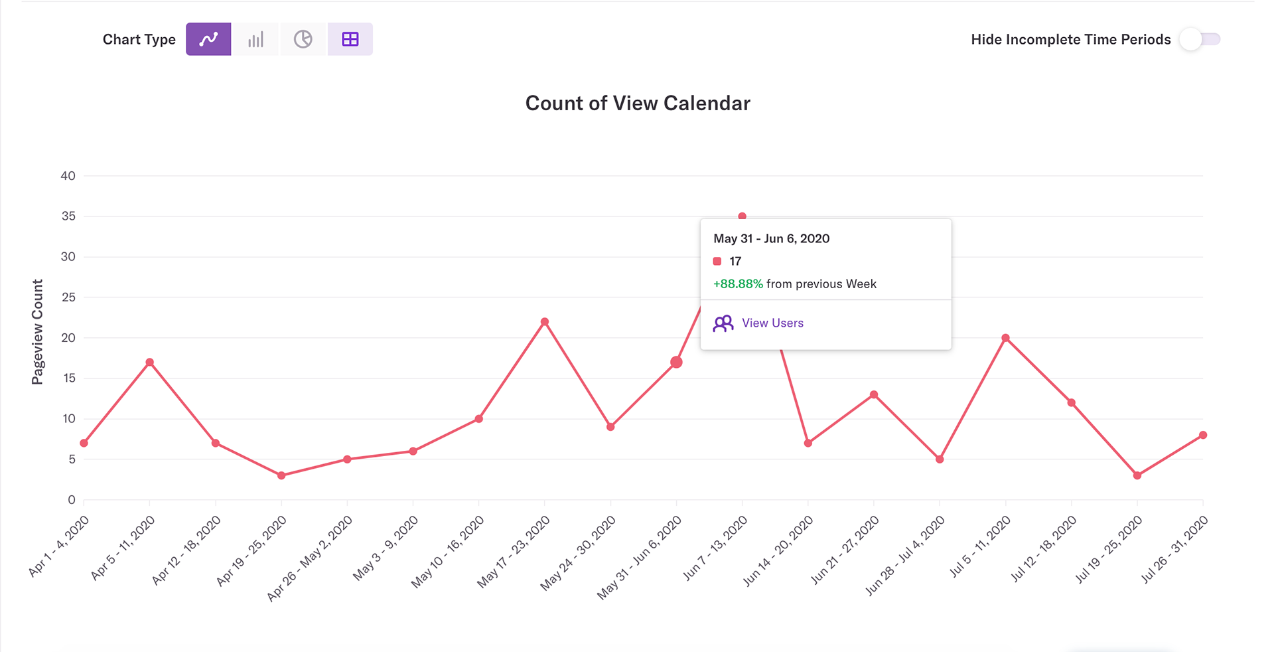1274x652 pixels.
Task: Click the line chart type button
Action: (208, 39)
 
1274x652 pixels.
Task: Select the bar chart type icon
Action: (255, 39)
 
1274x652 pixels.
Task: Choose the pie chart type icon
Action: (303, 39)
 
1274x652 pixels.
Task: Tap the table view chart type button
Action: (350, 39)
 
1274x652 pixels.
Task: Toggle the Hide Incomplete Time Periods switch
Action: (1200, 39)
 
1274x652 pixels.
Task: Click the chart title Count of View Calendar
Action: (638, 103)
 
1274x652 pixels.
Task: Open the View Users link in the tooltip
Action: (772, 323)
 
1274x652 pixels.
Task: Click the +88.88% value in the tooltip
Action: (738, 284)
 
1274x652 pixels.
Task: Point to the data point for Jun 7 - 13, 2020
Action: (743, 216)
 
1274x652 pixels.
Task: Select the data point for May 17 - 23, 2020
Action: (545, 322)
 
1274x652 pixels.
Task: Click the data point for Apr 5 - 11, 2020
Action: (150, 363)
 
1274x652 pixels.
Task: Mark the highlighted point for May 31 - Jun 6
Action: (676, 363)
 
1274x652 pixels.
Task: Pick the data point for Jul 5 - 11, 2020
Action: (1006, 338)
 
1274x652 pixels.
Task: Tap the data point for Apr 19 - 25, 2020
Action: (281, 475)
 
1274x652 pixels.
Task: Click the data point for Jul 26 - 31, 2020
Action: (1203, 436)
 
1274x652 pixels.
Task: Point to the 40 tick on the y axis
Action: (68, 176)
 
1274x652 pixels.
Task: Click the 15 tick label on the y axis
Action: (68, 378)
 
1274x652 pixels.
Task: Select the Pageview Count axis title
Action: (37, 331)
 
